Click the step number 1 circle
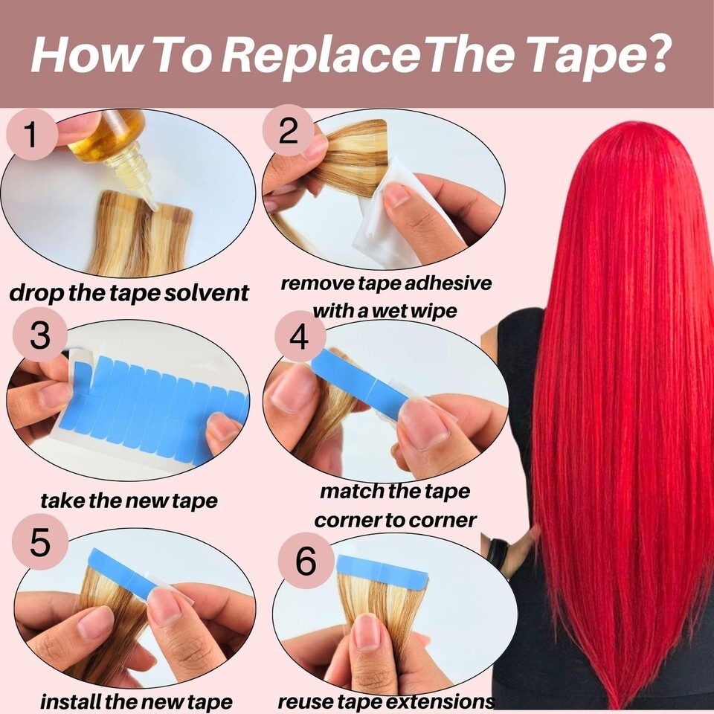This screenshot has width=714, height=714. coord(31,135)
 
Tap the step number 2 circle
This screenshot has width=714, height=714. coord(288,131)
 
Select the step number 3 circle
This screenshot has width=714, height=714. coord(40,335)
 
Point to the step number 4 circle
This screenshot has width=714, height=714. coord(300,336)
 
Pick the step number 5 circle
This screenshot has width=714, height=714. coord(40,543)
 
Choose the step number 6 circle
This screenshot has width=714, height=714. coord(306,561)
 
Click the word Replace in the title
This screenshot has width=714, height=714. coord(321,54)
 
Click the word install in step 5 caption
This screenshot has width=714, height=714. coord(70,701)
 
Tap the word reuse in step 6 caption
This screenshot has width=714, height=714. coord(303,701)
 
